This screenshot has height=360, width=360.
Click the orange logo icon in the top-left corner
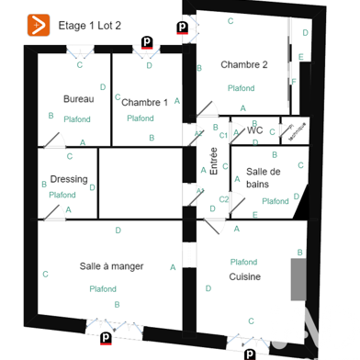click(39, 24)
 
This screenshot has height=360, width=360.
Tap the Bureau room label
click(78, 98)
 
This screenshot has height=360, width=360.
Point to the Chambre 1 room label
click(144, 103)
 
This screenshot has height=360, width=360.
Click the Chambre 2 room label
click(243, 64)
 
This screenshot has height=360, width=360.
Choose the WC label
click(255, 130)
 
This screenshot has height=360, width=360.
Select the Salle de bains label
click(264, 178)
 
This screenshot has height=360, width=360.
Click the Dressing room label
click(69, 179)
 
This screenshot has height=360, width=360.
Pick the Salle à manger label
click(111, 266)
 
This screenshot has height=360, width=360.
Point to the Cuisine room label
click(245, 276)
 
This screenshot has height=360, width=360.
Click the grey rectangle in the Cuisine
click(298, 279)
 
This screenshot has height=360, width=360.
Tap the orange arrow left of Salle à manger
click(46, 273)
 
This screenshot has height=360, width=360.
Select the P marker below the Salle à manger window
click(107, 338)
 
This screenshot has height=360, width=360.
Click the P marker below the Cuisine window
click(249, 353)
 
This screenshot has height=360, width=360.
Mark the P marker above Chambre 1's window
click(147, 41)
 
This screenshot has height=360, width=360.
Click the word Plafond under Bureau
click(77, 119)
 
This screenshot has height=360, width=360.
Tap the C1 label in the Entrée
click(223, 135)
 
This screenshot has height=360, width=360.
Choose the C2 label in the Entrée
click(223, 198)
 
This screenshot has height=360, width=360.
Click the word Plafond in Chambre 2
click(242, 88)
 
